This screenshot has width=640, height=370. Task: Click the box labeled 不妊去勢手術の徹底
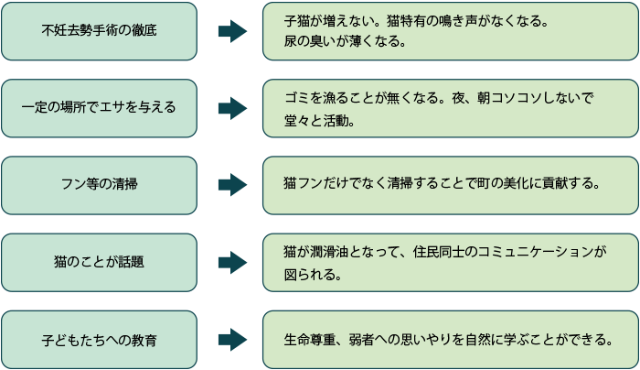click(x=99, y=31)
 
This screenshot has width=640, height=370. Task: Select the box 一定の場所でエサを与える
click(x=99, y=108)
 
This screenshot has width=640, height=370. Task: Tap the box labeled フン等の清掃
click(x=99, y=185)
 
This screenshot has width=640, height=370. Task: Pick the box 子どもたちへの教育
click(x=99, y=340)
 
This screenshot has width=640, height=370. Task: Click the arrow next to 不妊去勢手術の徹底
click(x=232, y=31)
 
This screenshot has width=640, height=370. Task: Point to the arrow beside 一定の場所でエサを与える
click(x=232, y=108)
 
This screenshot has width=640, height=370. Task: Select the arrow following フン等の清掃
click(x=232, y=185)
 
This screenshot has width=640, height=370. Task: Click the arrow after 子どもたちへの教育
click(x=232, y=340)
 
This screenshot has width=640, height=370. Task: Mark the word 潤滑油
click(x=333, y=251)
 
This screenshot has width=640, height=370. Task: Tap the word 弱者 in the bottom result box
click(x=363, y=340)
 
